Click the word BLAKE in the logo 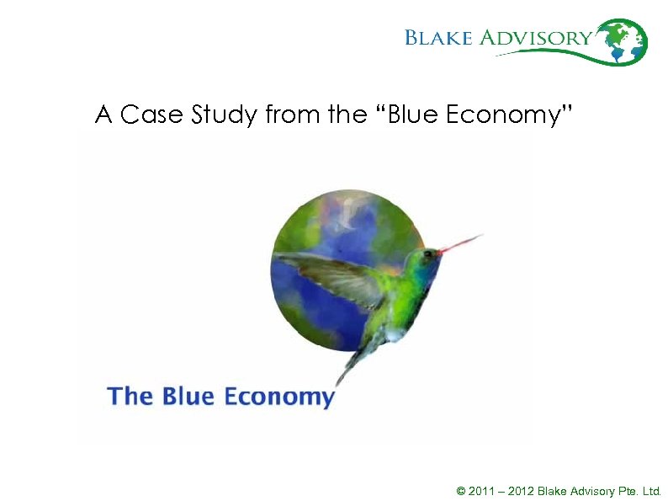[x=439, y=38]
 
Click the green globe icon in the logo [x=623, y=41]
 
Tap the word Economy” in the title [x=508, y=115]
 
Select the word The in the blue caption [x=130, y=396]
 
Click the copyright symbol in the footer [x=460, y=490]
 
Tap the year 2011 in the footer [x=480, y=490]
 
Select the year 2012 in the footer [x=521, y=490]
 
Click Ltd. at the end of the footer [x=651, y=490]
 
